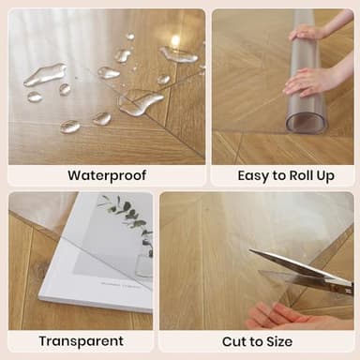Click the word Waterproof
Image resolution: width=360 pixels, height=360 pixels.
(106, 175)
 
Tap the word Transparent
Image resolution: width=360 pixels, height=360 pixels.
(81, 341)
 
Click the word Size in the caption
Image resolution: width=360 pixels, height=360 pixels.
(277, 341)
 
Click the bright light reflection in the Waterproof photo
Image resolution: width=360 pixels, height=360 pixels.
(174, 40)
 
